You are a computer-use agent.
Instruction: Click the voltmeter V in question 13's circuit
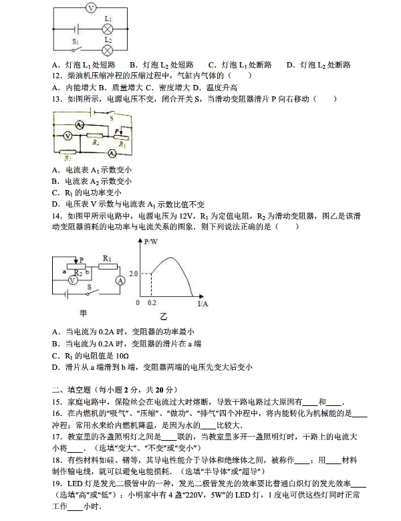coord(67,135)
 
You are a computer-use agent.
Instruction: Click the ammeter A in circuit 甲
coord(120,280)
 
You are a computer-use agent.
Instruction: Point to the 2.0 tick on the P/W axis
coord(132,274)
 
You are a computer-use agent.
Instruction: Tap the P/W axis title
coord(151,241)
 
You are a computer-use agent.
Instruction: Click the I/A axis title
coord(203,304)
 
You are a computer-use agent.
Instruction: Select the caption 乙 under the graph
coord(164,315)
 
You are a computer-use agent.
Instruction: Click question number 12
coord(56,76)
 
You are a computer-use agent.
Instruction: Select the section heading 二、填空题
coord(74,389)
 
